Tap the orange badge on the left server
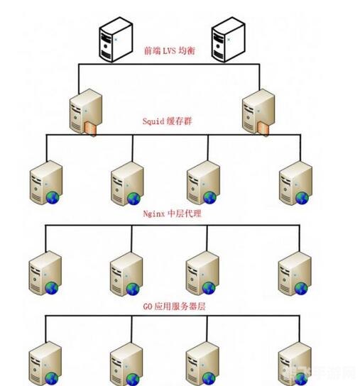click(x=91, y=128)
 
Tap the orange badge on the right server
click(x=263, y=128)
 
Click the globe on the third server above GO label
click(x=209, y=288)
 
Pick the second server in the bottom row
click(x=126, y=364)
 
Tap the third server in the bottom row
click(x=202, y=364)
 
